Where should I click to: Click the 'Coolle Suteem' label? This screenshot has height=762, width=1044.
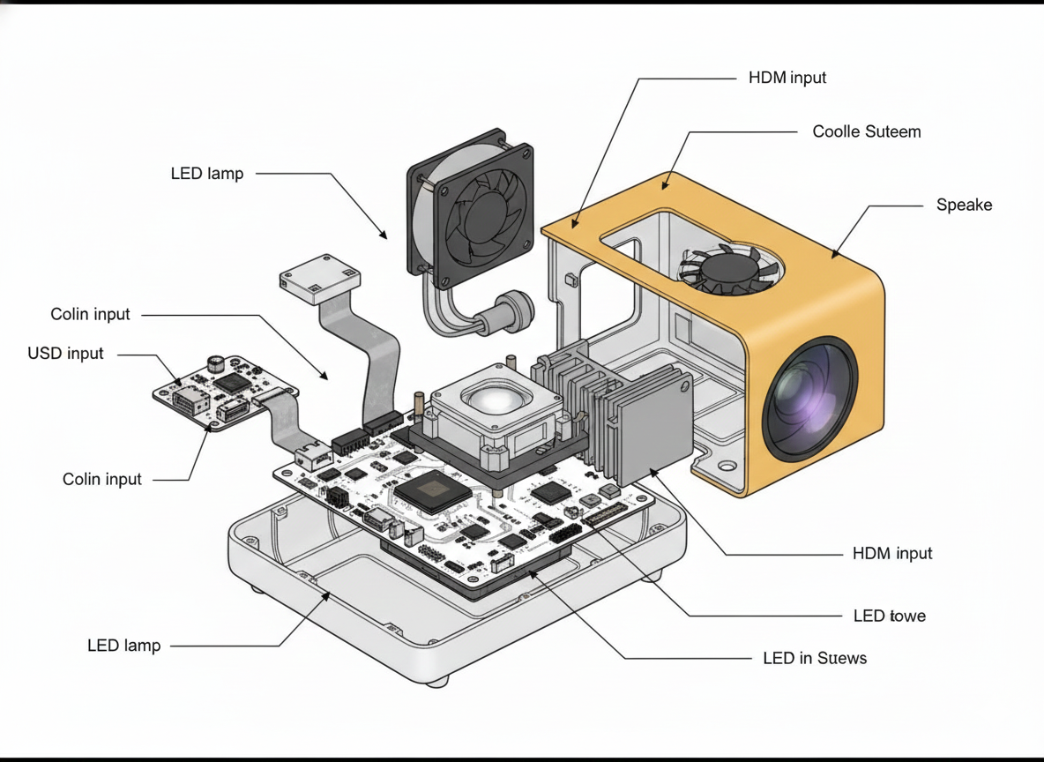pos(866,131)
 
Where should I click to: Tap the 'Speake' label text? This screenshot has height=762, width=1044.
pos(964,205)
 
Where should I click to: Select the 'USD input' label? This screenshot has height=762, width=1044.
pos(65,354)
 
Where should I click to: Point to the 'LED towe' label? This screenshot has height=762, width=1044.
pos(890,616)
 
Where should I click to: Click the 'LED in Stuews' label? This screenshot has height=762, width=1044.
pos(814,658)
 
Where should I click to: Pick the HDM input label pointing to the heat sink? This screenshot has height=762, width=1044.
pos(892,554)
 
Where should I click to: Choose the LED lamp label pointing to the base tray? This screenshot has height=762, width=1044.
pos(124,646)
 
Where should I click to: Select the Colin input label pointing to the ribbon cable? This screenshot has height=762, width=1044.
pos(90,314)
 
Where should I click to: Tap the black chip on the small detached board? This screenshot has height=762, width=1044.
pos(232,382)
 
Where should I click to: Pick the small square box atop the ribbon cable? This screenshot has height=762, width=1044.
pos(321,279)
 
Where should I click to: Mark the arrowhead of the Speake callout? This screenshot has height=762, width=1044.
pos(832,257)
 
